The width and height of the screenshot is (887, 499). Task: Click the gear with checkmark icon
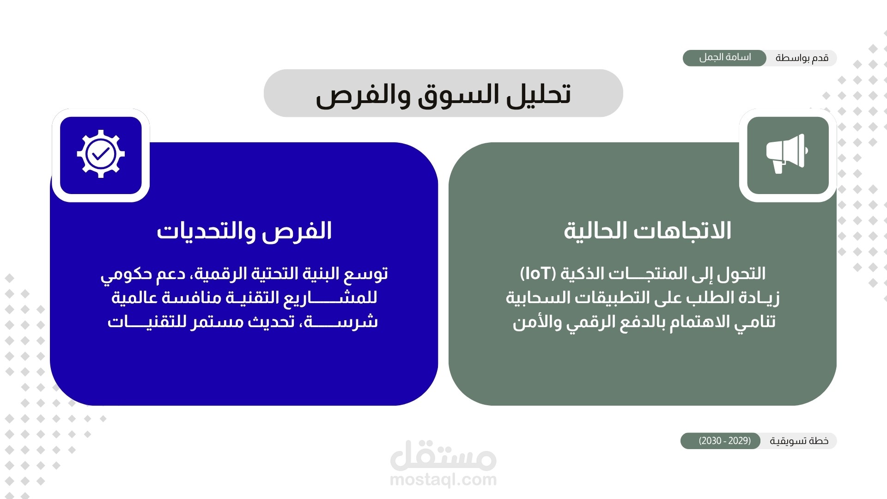101,154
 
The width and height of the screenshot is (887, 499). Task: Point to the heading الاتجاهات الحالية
647,231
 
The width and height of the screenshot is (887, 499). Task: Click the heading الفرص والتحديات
244,231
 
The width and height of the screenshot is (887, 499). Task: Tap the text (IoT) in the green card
538,274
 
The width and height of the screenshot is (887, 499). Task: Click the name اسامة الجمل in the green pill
725,57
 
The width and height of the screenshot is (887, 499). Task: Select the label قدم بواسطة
802,58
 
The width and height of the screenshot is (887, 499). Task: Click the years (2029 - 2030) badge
725,440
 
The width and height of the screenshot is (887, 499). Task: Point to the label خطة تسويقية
799,441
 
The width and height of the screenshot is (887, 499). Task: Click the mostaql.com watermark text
443,480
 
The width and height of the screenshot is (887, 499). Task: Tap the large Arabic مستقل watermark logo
443,455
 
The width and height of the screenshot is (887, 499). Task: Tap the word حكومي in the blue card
120,274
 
